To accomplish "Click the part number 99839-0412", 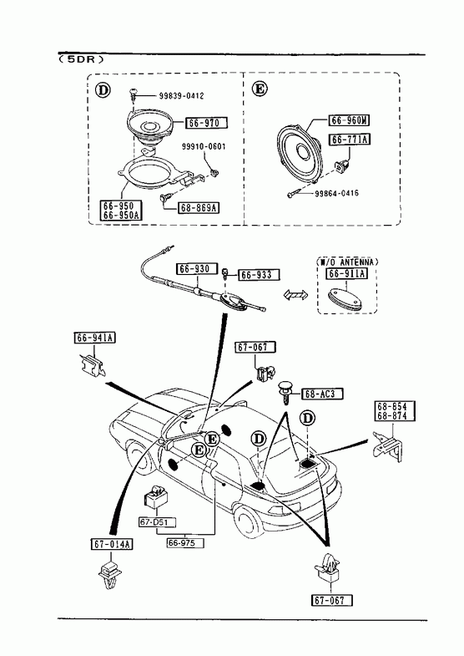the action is pyautogui.click(x=181, y=96).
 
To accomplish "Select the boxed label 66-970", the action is pyautogui.click(x=207, y=123).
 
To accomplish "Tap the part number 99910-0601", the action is pyautogui.click(x=204, y=146).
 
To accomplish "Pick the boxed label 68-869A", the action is pyautogui.click(x=199, y=207).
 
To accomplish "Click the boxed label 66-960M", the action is pyautogui.click(x=350, y=120).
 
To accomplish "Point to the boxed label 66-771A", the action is pyautogui.click(x=350, y=139).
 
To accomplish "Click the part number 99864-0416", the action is pyautogui.click(x=336, y=193).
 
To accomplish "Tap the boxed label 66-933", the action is pyautogui.click(x=259, y=275).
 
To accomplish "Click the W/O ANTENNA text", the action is pyautogui.click(x=347, y=262).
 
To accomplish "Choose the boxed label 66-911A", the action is pyautogui.click(x=346, y=273).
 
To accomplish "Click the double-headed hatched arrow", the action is pyautogui.click(x=295, y=294).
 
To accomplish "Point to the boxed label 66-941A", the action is pyautogui.click(x=95, y=338).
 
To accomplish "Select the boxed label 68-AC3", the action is pyautogui.click(x=322, y=394).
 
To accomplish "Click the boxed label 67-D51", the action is pyautogui.click(x=158, y=522).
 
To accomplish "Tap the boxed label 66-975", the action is pyautogui.click(x=186, y=543).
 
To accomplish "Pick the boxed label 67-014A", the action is pyautogui.click(x=112, y=544).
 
